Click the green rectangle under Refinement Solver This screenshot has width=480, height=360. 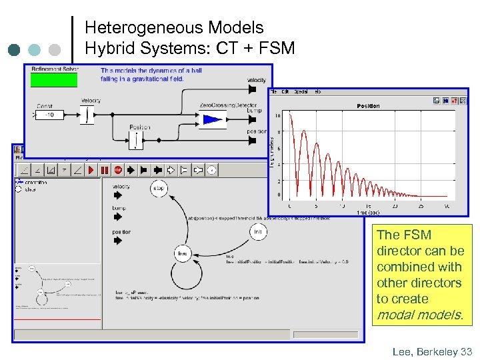click(x=54, y=80)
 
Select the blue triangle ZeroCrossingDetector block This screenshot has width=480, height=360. click(x=213, y=120)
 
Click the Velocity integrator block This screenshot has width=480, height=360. click(x=87, y=115)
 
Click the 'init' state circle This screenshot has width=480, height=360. click(x=258, y=231)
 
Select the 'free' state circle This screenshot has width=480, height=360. click(x=182, y=253)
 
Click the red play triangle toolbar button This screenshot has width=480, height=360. click(x=90, y=170)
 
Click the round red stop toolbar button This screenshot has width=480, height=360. click(x=118, y=170)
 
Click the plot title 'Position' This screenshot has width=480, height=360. click(x=368, y=106)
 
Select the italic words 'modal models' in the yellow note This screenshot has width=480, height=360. click(x=419, y=315)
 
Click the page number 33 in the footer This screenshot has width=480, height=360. click(x=466, y=351)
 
